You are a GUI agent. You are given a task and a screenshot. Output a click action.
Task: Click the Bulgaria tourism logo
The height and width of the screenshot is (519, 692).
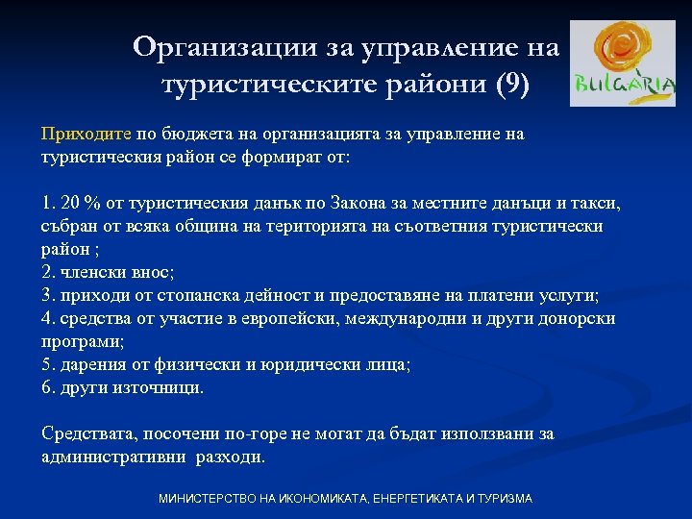(x=622, y=63)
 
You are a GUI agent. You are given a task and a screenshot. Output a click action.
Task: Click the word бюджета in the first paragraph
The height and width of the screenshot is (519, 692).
(x=193, y=134)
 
